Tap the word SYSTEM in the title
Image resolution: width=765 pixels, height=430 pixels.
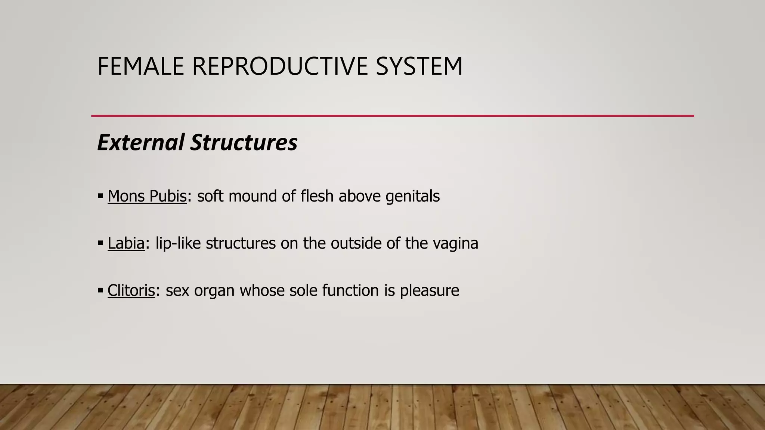tap(419, 66)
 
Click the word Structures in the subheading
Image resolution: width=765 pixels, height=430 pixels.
tap(244, 143)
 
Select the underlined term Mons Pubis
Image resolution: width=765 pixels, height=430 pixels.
tap(147, 196)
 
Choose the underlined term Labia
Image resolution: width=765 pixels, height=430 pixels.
tap(126, 243)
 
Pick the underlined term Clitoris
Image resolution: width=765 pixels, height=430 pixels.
tap(131, 290)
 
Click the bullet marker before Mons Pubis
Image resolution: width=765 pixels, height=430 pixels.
tap(100, 196)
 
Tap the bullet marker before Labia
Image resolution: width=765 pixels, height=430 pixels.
tap(100, 243)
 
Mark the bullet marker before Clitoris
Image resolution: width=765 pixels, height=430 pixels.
tap(100, 290)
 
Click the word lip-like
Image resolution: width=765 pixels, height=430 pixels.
tap(178, 243)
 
